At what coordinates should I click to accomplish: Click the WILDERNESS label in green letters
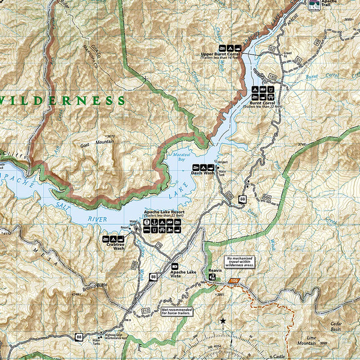[63, 100]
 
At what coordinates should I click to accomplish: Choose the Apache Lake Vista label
[183, 274]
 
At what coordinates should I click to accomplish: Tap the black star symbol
[223, 322]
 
